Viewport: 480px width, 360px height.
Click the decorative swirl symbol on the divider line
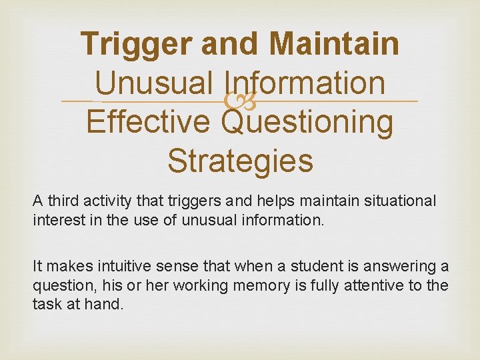pos(239,102)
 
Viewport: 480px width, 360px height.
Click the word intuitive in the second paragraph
pos(109,267)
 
